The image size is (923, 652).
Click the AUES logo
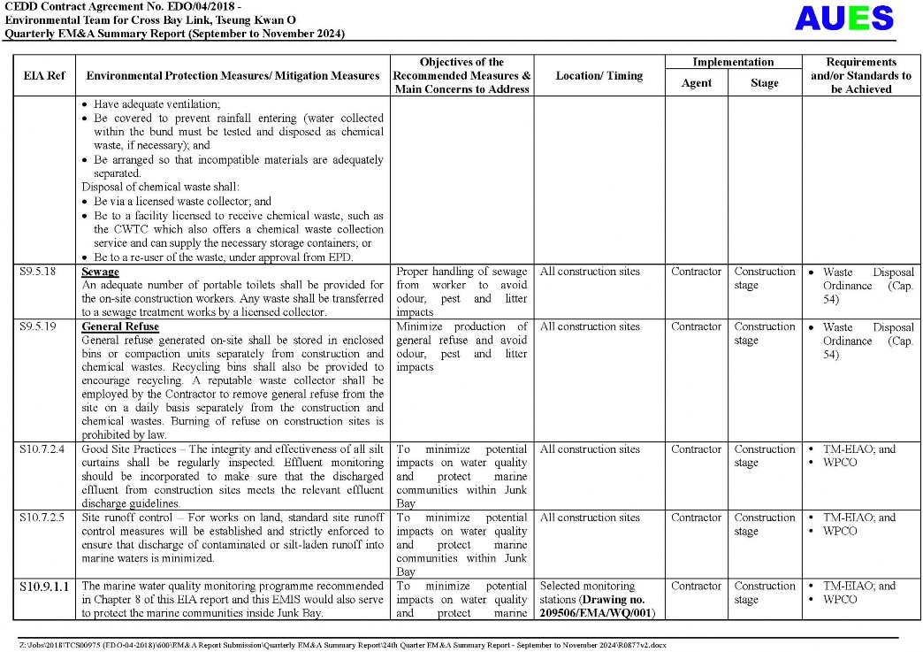click(843, 19)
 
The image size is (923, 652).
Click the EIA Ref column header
click(43, 76)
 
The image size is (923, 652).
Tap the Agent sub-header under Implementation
click(697, 83)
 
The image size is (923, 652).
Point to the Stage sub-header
click(764, 83)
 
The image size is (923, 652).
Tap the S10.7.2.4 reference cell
click(42, 449)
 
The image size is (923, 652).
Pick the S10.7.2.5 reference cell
click(42, 518)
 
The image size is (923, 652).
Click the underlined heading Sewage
click(100, 272)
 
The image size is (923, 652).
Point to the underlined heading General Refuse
click(120, 326)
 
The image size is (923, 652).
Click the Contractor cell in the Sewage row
click(696, 272)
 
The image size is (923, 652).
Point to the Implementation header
click(733, 62)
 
